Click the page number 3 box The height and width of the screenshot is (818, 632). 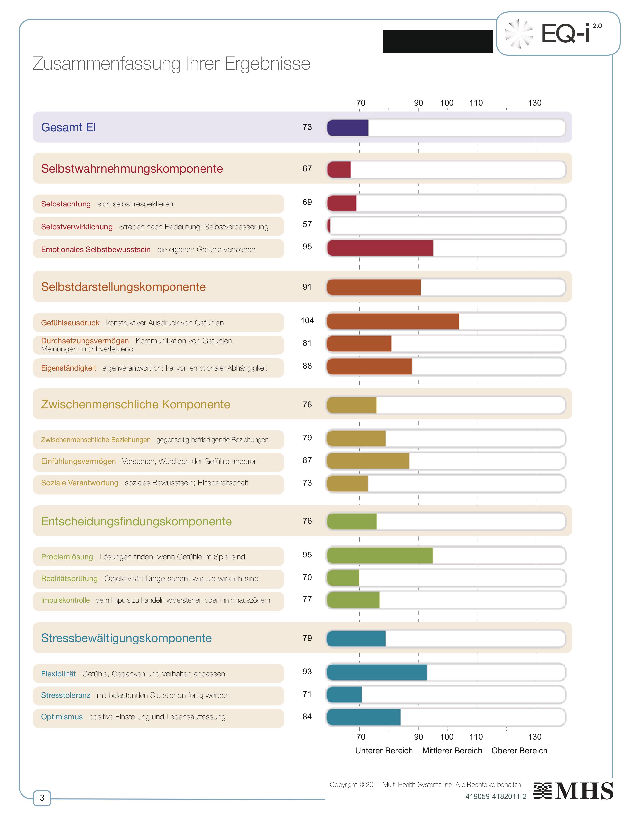42,797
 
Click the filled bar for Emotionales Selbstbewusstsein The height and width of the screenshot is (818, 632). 380,248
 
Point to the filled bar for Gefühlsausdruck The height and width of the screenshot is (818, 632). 392,321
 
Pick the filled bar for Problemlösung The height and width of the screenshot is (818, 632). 380,555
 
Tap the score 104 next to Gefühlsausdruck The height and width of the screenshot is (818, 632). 307,321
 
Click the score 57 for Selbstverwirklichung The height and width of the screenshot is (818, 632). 307,224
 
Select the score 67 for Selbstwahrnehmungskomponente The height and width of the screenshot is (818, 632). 307,169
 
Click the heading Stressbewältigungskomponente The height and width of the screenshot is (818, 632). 127,638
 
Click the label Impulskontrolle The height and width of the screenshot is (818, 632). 65,600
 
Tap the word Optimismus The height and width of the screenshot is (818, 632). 62,717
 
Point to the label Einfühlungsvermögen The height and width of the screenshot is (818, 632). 79,461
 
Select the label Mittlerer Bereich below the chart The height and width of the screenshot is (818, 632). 452,751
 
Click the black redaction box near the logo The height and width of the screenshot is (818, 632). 437,42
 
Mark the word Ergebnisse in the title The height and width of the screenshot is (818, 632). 267,64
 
